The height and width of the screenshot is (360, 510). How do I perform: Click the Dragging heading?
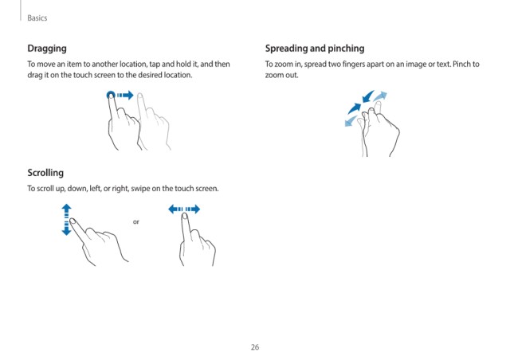[x=47, y=49]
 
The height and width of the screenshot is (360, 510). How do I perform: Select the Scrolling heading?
[x=45, y=173]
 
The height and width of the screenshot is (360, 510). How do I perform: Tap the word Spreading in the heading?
[x=286, y=49]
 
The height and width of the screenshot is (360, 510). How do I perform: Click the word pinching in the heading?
[x=346, y=49]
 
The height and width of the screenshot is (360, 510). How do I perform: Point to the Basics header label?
[x=37, y=18]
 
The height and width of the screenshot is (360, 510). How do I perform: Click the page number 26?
[x=255, y=347]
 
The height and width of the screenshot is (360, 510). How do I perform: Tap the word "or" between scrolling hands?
[x=136, y=221]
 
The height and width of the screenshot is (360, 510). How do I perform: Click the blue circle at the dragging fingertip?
[x=111, y=95]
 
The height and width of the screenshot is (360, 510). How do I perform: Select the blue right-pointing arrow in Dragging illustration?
[x=125, y=95]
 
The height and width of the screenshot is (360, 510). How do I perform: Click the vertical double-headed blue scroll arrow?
[x=66, y=220]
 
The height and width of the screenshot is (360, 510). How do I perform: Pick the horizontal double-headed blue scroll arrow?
[x=184, y=209]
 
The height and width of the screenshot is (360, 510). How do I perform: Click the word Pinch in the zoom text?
[x=461, y=64]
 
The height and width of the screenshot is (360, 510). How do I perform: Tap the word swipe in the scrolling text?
[x=140, y=189]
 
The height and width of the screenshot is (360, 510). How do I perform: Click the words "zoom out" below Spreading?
[x=281, y=75]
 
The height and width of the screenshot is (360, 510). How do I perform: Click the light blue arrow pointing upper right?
[x=380, y=96]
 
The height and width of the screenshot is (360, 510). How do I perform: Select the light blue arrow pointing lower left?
[x=351, y=121]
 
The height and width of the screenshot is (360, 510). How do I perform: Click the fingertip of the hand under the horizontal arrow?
[x=185, y=216]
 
